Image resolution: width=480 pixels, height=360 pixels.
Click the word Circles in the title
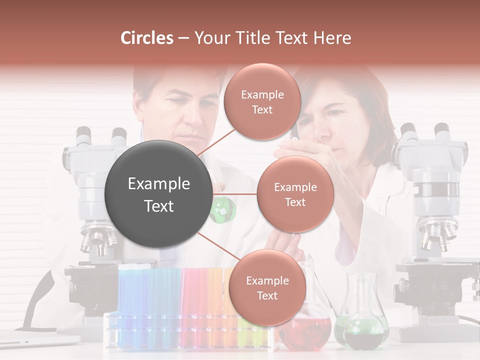147,38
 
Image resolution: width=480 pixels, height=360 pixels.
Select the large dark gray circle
158,194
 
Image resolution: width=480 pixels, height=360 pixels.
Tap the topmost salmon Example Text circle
262,102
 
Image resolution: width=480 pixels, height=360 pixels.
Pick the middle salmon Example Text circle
295,194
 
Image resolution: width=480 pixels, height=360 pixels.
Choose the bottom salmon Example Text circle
267,287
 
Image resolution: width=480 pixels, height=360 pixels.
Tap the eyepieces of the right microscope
425,132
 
